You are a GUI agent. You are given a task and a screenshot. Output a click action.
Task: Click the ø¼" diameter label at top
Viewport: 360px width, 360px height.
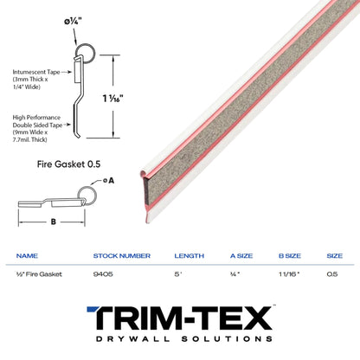pos(73,22)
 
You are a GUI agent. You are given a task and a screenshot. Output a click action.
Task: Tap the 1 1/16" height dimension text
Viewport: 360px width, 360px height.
pos(112,99)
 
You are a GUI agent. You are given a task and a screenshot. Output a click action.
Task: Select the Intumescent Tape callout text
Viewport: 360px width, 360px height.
pos(36,80)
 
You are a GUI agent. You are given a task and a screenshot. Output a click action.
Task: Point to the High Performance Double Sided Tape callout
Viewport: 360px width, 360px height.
pos(37,129)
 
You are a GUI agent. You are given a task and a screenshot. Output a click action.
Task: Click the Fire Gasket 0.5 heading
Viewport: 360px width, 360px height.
pos(68,164)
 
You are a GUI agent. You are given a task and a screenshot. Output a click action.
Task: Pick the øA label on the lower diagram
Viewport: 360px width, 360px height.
pos(109,181)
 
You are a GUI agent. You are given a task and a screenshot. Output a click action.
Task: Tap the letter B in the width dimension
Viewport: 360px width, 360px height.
pos(54,222)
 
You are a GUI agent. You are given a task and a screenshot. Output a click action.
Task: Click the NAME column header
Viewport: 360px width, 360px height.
pos(27,256)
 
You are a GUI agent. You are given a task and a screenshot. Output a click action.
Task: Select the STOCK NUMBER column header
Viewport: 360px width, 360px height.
pos(122,256)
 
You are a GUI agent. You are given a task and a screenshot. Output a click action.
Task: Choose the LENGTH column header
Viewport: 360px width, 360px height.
pos(190,256)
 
